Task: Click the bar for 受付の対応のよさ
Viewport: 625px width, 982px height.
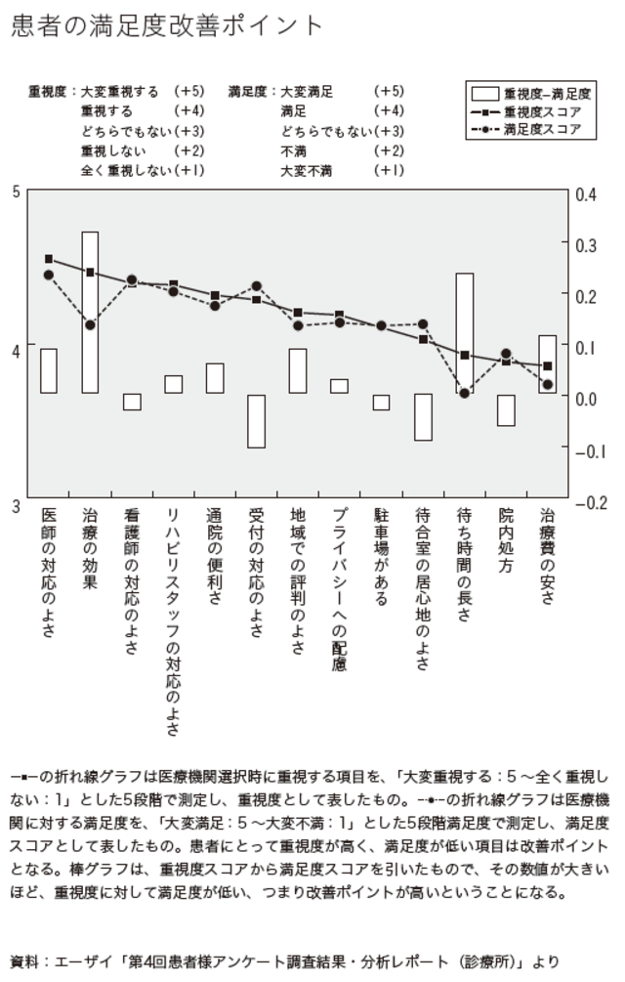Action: pos(256,421)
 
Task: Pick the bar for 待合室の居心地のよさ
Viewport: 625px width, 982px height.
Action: pos(423,417)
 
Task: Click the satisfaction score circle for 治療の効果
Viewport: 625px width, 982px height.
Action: pos(90,325)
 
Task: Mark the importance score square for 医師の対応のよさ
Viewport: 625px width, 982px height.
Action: pos(49,259)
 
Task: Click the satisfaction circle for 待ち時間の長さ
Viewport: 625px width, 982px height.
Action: pos(465,393)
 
